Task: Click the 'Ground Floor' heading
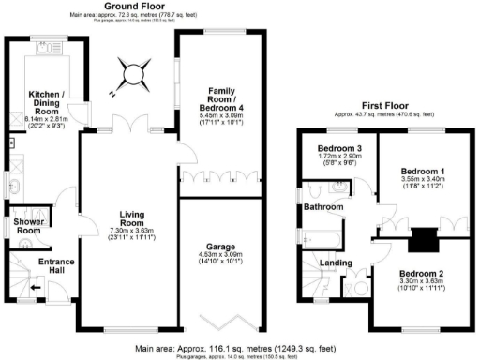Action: tap(129, 6)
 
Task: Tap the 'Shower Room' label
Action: tap(25, 227)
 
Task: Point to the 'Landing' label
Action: tap(338, 263)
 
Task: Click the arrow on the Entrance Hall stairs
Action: tap(35, 290)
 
